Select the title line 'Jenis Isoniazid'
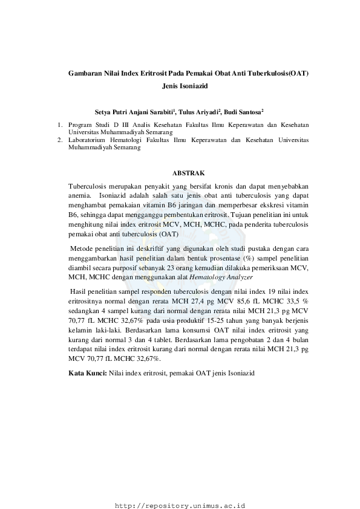[185, 86]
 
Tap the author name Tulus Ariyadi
[198, 112]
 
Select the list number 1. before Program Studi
[60, 125]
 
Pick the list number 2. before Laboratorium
[60, 139]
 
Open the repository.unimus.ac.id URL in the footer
[183, 504]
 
